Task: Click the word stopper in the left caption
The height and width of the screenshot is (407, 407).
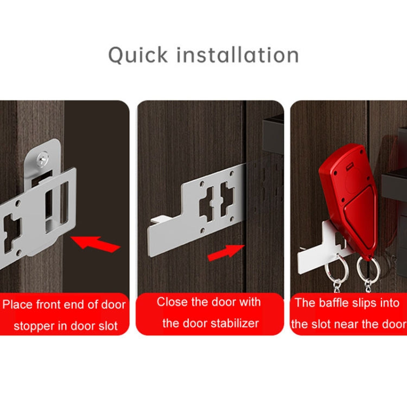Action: [33, 326]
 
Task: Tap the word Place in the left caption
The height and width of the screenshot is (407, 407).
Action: [17, 304]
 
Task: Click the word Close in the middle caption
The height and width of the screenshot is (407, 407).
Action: [174, 302]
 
